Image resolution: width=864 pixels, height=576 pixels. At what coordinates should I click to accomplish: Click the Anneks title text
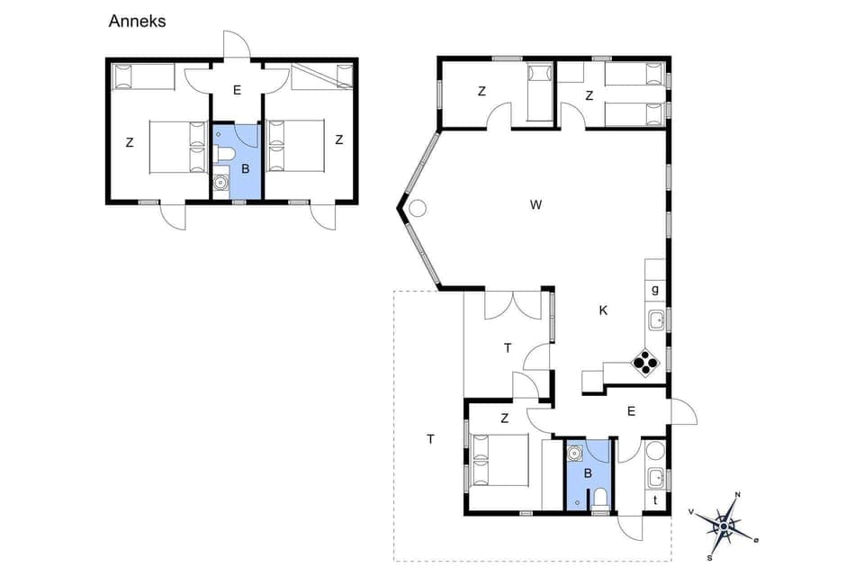[137, 22]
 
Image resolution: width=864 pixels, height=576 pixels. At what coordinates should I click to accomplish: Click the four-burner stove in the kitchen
[645, 362]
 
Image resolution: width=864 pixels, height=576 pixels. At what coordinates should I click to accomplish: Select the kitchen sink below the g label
[656, 319]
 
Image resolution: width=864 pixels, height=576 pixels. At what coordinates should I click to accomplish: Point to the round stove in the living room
[418, 209]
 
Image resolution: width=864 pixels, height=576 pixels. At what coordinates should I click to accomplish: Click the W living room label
[535, 205]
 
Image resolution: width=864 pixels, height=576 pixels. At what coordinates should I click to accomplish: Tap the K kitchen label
[603, 310]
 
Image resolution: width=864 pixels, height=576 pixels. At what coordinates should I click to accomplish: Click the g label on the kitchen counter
[654, 289]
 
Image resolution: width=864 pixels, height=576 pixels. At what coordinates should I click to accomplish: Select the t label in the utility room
[654, 500]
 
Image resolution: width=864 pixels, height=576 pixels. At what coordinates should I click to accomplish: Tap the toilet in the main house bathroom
[599, 498]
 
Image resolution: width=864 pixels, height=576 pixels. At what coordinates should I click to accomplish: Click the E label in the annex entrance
[237, 90]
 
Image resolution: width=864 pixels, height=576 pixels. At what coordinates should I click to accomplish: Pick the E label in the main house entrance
[631, 411]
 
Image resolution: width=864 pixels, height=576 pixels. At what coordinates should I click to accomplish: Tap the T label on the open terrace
[430, 439]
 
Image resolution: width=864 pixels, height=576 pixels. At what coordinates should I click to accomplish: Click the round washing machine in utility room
[655, 451]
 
